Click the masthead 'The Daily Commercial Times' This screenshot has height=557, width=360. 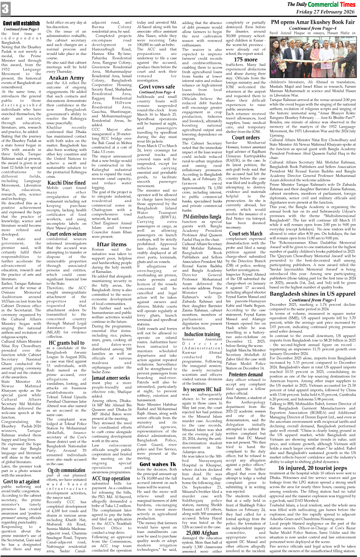(x=321, y=4)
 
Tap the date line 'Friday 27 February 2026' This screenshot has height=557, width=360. (x=325, y=12)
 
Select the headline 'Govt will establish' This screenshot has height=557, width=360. (x=21, y=23)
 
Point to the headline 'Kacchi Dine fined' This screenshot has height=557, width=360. (x=66, y=183)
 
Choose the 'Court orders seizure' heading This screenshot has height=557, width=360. (x=66, y=234)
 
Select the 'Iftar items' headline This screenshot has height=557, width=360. (x=112, y=244)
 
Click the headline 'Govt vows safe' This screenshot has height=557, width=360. (x=157, y=87)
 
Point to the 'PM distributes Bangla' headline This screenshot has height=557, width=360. (x=202, y=217)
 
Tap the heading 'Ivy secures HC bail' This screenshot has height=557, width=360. (x=202, y=389)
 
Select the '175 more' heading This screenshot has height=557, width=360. (x=246, y=59)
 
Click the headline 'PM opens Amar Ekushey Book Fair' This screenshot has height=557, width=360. (x=312, y=22)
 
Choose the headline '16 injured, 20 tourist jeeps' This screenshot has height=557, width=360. (x=312, y=468)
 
